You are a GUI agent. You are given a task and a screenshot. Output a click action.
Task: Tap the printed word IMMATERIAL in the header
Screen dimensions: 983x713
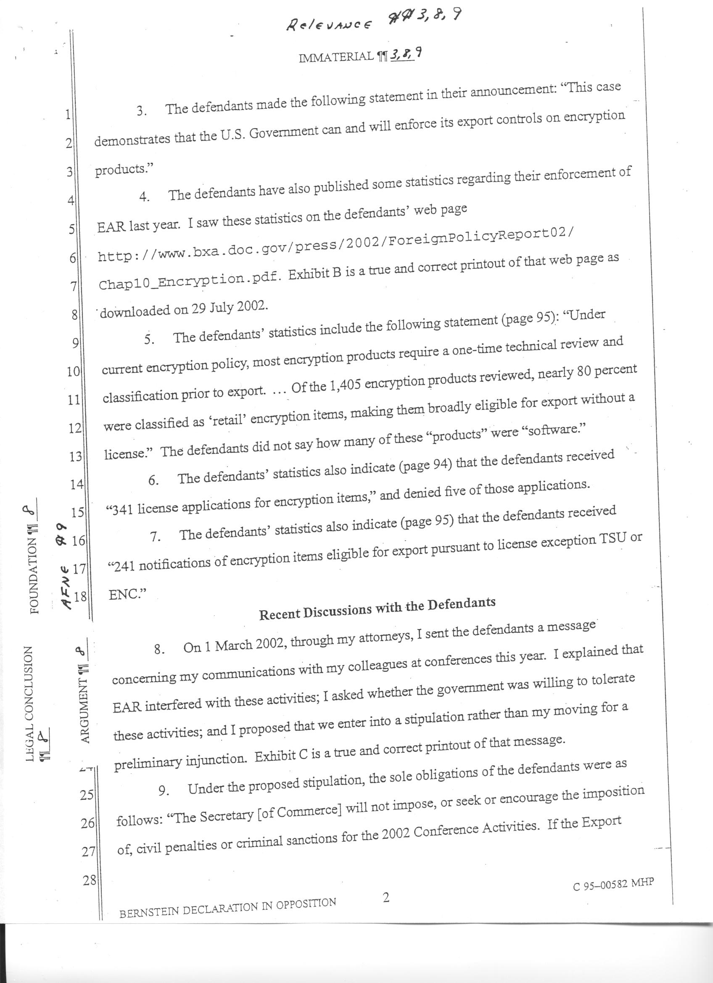point(336,56)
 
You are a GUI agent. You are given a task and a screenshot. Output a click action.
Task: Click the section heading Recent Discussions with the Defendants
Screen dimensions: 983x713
point(377,608)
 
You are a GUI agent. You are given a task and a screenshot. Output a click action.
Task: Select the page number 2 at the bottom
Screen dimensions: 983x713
point(386,897)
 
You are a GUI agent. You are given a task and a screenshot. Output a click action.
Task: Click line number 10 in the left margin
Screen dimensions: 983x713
point(73,372)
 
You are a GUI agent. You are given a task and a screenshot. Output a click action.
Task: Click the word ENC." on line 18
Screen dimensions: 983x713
point(127,595)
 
